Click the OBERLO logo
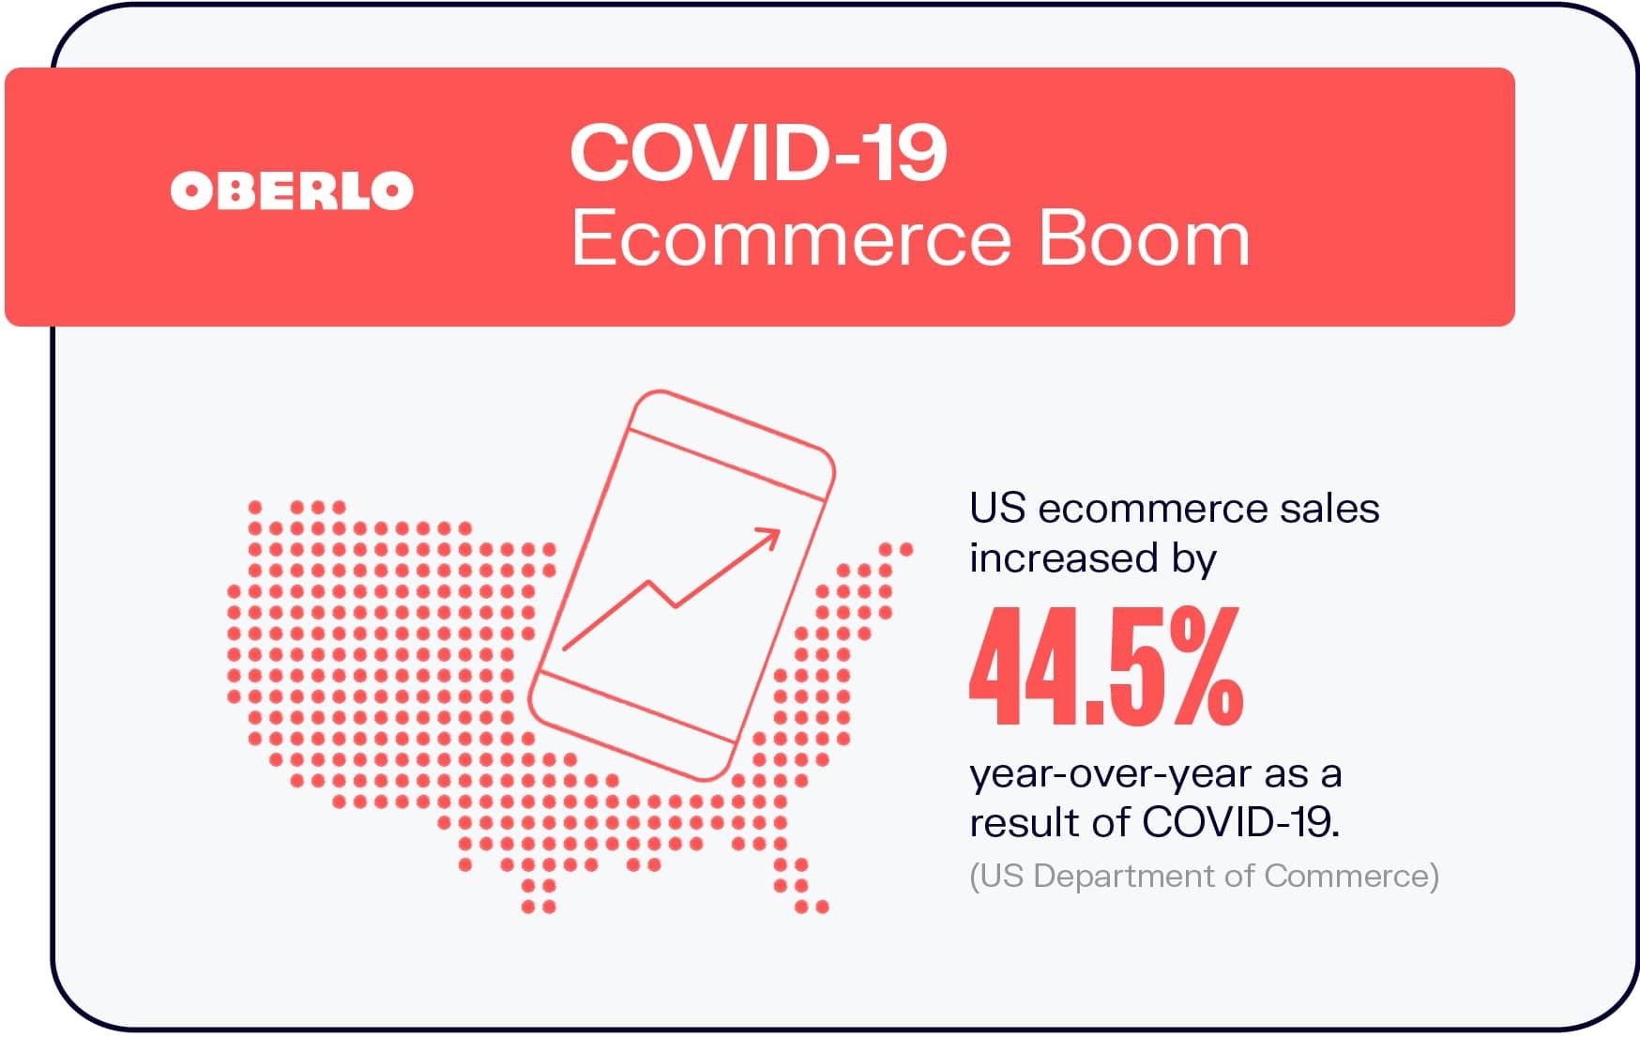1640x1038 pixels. [292, 191]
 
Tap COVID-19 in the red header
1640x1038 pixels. [758, 153]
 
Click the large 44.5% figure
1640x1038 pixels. [1106, 666]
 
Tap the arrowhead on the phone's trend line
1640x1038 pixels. [767, 539]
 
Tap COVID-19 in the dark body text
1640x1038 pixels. [1241, 822]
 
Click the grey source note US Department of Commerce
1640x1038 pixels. [1204, 876]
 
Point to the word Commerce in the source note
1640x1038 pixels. [1347, 876]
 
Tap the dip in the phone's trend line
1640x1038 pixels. [674, 605]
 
